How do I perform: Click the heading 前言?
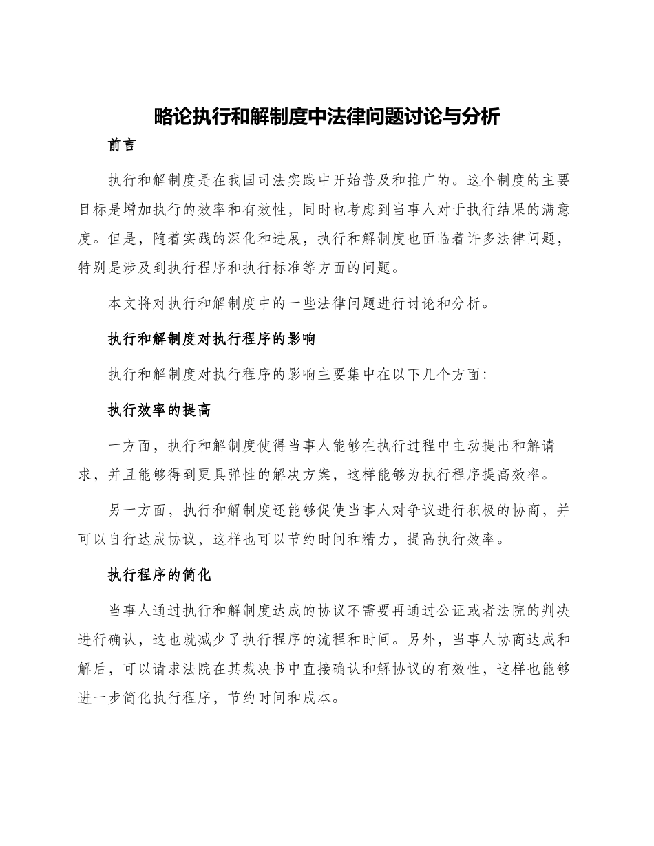[122, 147]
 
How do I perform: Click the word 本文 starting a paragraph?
[122, 303]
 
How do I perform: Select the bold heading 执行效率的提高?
[159, 411]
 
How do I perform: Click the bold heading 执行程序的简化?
[159, 576]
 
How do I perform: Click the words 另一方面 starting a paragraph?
[137, 511]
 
